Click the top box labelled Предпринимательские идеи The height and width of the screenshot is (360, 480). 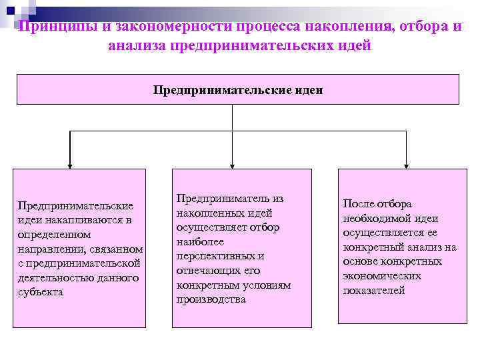coord(238,89)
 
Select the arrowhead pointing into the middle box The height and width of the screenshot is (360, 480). coord(232,164)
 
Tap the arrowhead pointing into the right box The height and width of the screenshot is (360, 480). coord(408,164)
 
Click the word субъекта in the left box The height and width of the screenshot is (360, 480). coord(41,291)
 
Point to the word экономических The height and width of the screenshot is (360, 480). coord(382,275)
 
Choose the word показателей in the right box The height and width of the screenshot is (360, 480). coord(374,290)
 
